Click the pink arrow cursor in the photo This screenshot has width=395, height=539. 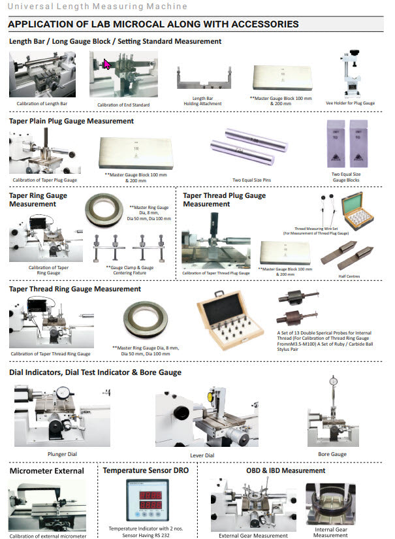(107, 65)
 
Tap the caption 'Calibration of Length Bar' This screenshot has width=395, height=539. (42, 104)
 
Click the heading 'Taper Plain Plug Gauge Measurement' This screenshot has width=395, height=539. (71, 121)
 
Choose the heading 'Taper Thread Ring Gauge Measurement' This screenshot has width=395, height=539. (75, 289)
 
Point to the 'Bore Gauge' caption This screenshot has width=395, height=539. (332, 454)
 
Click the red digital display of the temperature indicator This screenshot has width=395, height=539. (147, 500)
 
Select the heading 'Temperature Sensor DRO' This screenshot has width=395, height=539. (146, 470)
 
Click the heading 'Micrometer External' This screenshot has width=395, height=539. (46, 470)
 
